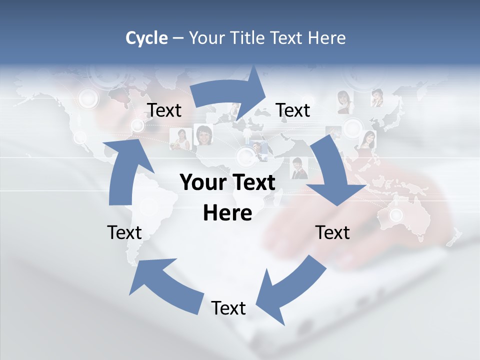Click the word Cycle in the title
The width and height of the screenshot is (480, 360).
click(146, 38)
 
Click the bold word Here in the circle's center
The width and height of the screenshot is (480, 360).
click(227, 213)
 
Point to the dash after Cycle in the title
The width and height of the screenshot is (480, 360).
click(178, 38)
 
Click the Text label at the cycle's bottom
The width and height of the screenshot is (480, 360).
click(228, 308)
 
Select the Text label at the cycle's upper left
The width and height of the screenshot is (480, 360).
click(164, 110)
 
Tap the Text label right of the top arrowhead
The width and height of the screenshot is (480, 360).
click(293, 110)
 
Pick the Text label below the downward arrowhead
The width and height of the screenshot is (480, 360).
click(332, 232)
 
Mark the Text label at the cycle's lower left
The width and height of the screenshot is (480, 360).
click(124, 232)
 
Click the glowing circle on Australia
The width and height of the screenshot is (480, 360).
click(396, 215)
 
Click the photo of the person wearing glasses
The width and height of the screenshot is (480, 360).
click(299, 167)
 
